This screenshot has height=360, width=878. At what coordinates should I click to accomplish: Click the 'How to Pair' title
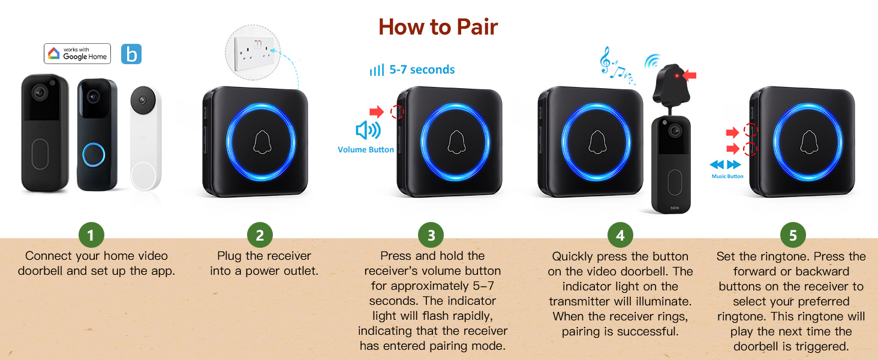[x=438, y=27]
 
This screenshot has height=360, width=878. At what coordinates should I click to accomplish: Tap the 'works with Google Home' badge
[x=77, y=53]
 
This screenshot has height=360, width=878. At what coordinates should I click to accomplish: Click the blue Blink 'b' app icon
[x=131, y=54]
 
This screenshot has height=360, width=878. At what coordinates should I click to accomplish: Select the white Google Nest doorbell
[x=146, y=137]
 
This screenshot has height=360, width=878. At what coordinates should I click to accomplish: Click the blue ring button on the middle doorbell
[x=94, y=154]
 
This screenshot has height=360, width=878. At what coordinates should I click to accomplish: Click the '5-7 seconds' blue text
[x=422, y=70]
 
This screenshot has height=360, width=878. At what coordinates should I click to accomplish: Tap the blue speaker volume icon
[x=368, y=130]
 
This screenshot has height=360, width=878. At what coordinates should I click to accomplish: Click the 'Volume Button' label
[x=366, y=149]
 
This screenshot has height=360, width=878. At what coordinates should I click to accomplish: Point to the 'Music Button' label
[x=727, y=176]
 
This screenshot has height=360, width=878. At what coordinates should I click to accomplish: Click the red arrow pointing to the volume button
[x=377, y=111]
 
